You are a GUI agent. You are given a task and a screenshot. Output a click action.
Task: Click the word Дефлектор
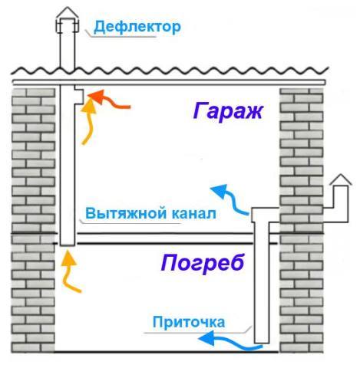coord(137,28)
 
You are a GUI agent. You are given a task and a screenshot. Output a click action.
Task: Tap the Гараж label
coord(228,110)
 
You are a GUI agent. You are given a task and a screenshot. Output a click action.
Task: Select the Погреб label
coord(203,264)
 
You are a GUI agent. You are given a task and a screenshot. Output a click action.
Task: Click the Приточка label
coord(189,322)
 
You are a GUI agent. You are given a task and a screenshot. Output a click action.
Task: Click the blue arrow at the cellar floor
coord(230,343)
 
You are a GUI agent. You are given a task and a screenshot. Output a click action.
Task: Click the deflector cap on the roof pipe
coord(68,21)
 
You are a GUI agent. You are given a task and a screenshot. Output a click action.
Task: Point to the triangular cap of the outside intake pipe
coord(341,180)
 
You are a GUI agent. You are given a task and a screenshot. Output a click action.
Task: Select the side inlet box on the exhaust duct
coord(79,95)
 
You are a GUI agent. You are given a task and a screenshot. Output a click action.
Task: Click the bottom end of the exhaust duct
coord(68,245)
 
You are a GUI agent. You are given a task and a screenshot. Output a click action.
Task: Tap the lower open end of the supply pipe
coord(262,343)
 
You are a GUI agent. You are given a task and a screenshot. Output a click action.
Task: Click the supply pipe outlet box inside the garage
coord(265,215)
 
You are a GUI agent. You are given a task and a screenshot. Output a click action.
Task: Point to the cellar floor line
coord(167,352)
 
